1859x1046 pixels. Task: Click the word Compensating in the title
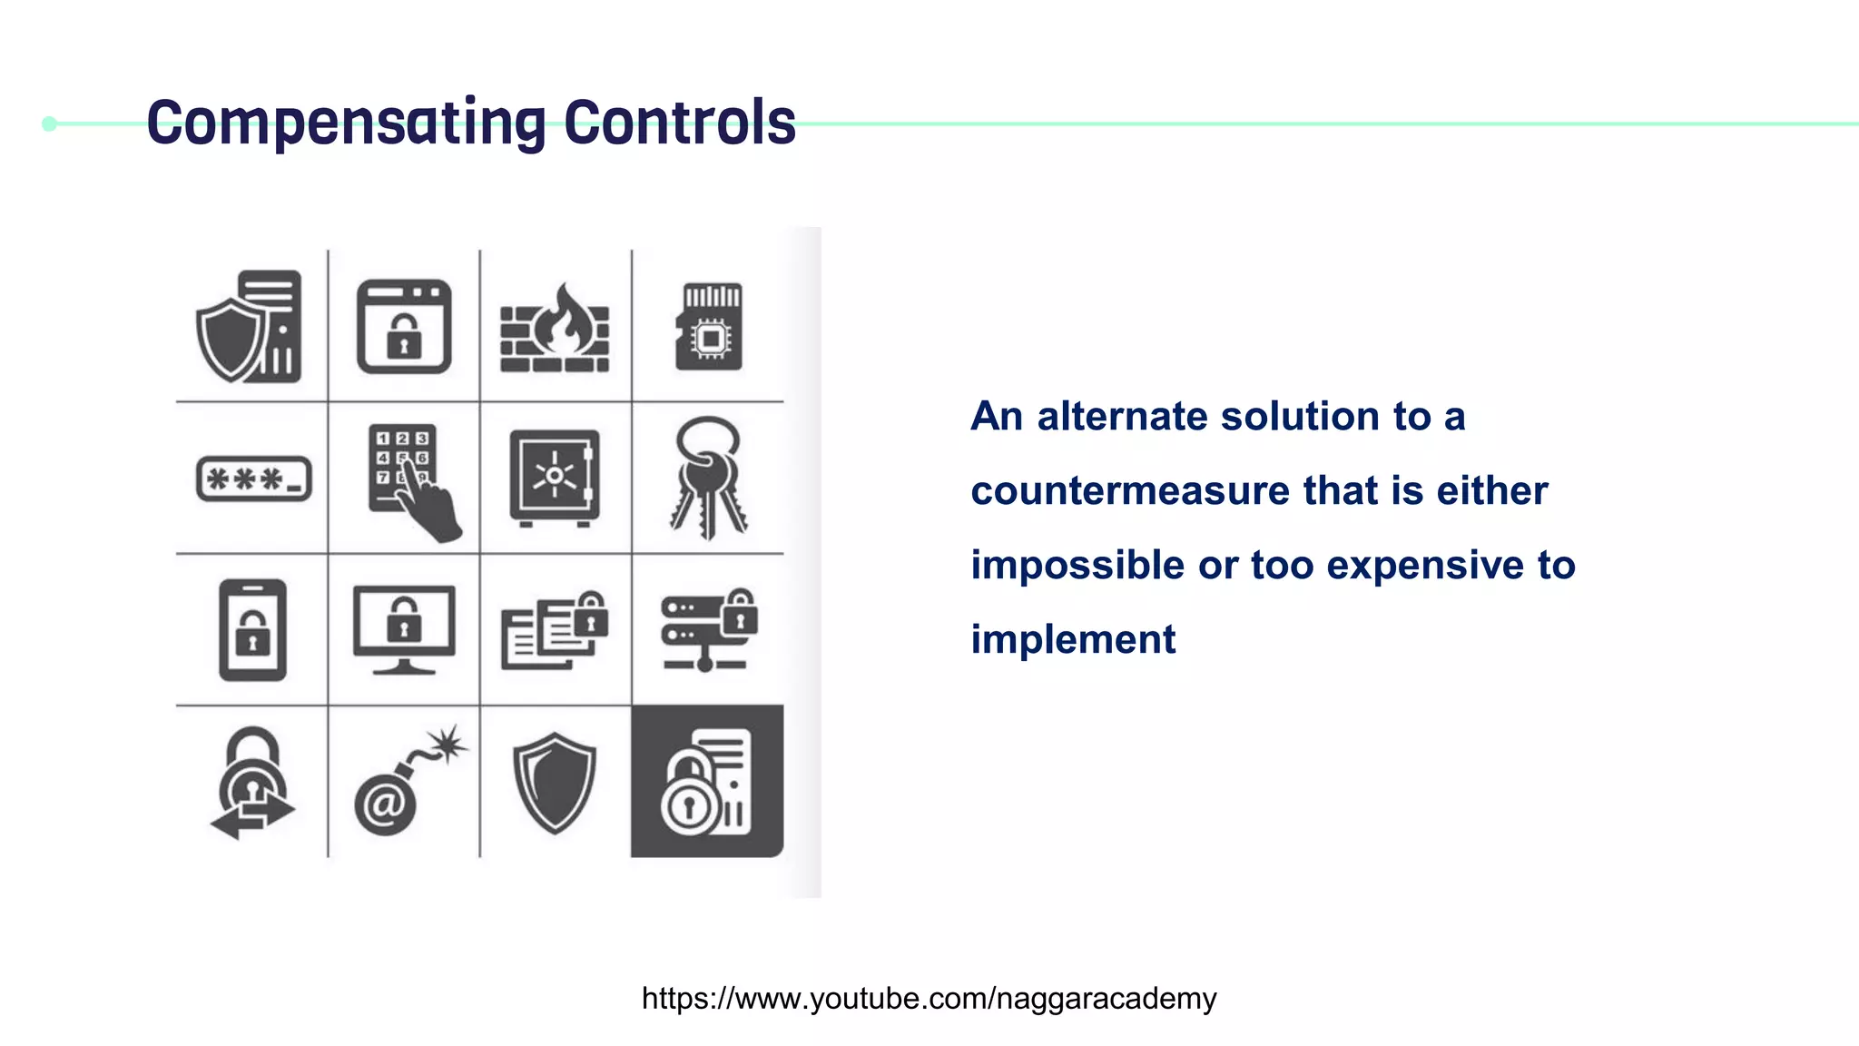[x=346, y=123]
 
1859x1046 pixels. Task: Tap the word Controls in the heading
[x=679, y=123]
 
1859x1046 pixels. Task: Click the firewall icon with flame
[x=555, y=328]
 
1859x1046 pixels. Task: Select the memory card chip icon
[x=709, y=327]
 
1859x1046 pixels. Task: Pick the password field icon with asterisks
[x=254, y=479]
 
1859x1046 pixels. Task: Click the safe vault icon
[x=555, y=478]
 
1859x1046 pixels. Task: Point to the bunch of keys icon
[x=709, y=478]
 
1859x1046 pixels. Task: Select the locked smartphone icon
[x=252, y=630]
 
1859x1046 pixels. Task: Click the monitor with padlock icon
[x=404, y=630]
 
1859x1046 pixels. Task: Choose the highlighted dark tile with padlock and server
[x=707, y=781]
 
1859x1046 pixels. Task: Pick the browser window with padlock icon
[x=404, y=327]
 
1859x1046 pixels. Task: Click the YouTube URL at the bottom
[x=929, y=999]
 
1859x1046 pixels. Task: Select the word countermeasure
[x=1130, y=491]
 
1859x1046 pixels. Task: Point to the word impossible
[x=1077, y=566]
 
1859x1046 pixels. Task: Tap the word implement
[x=1073, y=640]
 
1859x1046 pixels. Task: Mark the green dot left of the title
[x=50, y=123]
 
